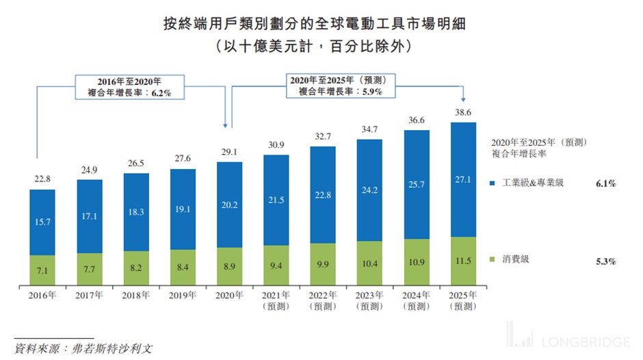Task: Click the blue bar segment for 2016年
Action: point(42,222)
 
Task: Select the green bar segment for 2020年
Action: point(229,266)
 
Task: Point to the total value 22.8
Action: point(42,180)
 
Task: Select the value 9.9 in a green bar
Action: point(322,263)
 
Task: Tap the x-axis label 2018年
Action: point(136,296)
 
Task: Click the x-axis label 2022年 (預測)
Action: point(322,300)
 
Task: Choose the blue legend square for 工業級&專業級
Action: point(495,183)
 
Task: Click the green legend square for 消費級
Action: point(495,260)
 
